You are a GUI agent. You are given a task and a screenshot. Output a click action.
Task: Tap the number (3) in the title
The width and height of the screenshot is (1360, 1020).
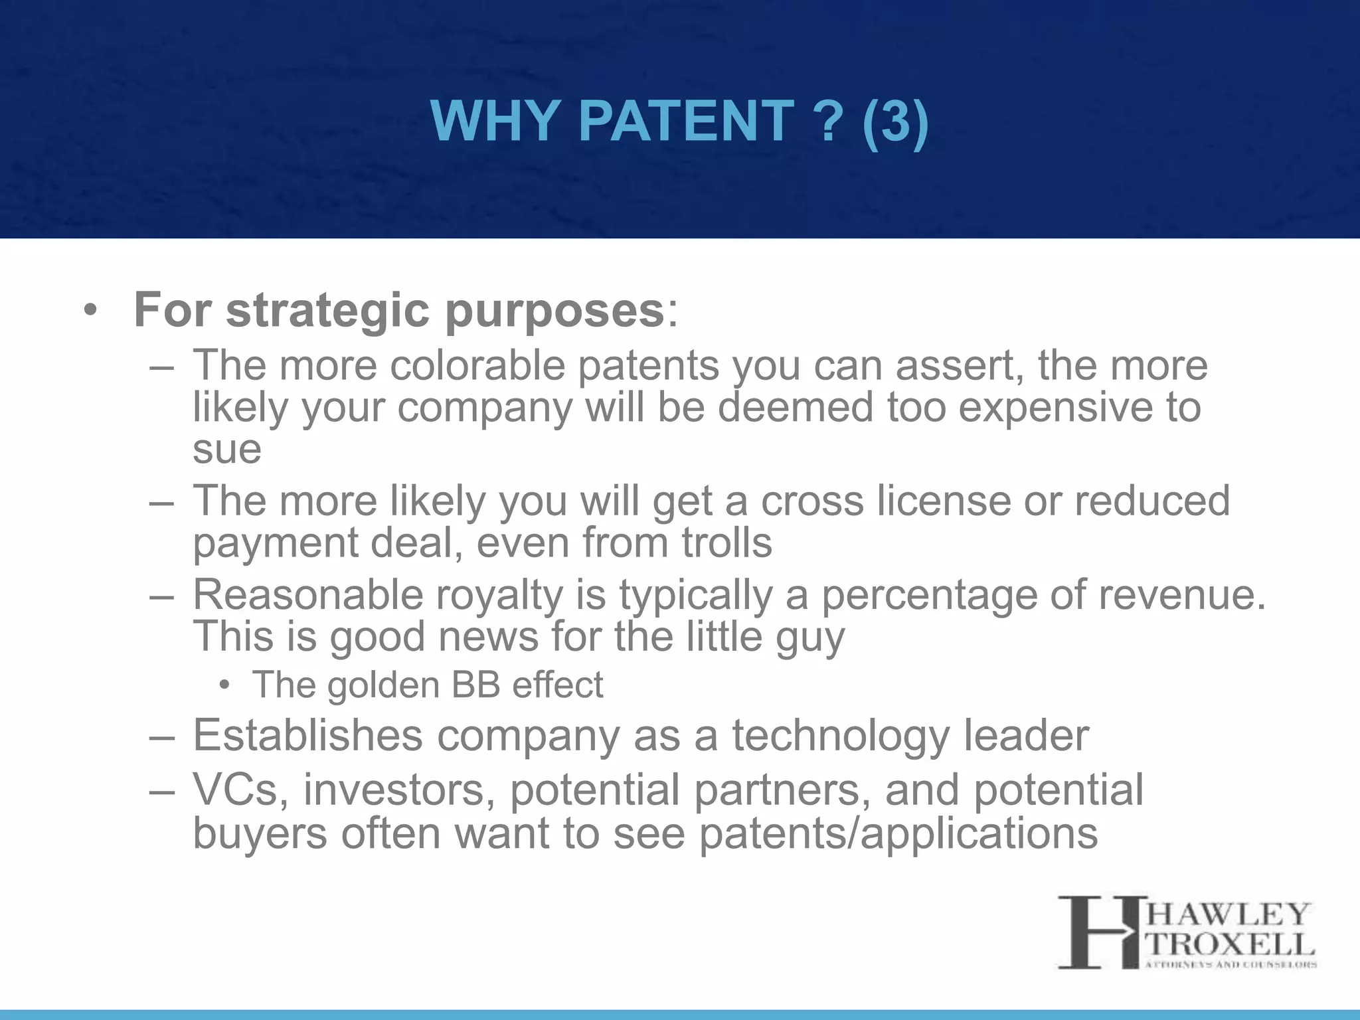tap(894, 122)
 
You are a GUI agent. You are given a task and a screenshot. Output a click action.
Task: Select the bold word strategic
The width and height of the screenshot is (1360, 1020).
tap(327, 311)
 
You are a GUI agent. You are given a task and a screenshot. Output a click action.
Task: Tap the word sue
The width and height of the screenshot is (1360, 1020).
tap(226, 450)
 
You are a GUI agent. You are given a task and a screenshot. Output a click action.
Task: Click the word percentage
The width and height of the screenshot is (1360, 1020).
tap(929, 594)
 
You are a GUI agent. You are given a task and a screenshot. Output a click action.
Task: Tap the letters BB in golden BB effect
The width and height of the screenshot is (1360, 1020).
tap(475, 685)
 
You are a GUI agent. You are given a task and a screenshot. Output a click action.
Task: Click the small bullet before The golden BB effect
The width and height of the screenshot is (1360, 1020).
tap(225, 685)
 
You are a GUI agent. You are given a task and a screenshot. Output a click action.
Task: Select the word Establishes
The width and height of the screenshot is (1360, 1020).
tap(307, 736)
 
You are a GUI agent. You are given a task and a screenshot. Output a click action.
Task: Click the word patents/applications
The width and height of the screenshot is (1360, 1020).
tap(898, 833)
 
